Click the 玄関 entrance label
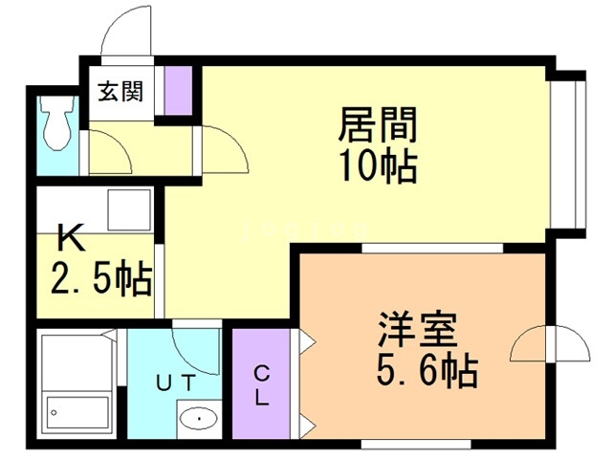pos(120,92)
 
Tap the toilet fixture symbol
pos(57,122)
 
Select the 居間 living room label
pos(378,124)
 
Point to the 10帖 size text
pos(378,166)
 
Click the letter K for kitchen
pos(72,237)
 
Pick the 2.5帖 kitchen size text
pos(101,276)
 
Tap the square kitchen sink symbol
pos(129,210)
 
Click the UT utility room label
pos(176,382)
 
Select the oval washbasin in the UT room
pos(199,419)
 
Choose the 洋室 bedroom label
pos(417,329)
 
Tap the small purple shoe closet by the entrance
pos(178,91)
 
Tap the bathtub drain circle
pos(54,412)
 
